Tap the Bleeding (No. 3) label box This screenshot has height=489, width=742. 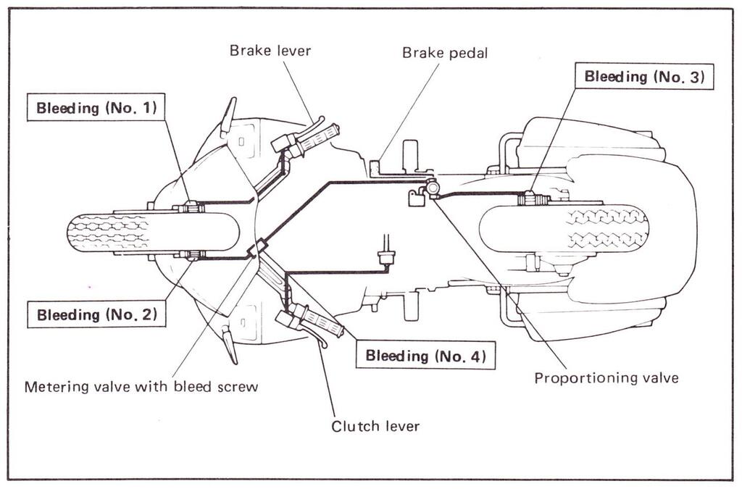(644, 76)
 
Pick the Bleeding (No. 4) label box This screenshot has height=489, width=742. (425, 355)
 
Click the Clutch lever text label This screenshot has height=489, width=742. (375, 426)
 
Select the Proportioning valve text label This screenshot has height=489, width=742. (606, 377)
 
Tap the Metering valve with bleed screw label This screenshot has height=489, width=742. (141, 386)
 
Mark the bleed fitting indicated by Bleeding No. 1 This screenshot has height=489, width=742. (191, 209)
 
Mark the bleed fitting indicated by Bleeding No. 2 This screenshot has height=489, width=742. (191, 254)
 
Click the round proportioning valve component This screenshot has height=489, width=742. (433, 188)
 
